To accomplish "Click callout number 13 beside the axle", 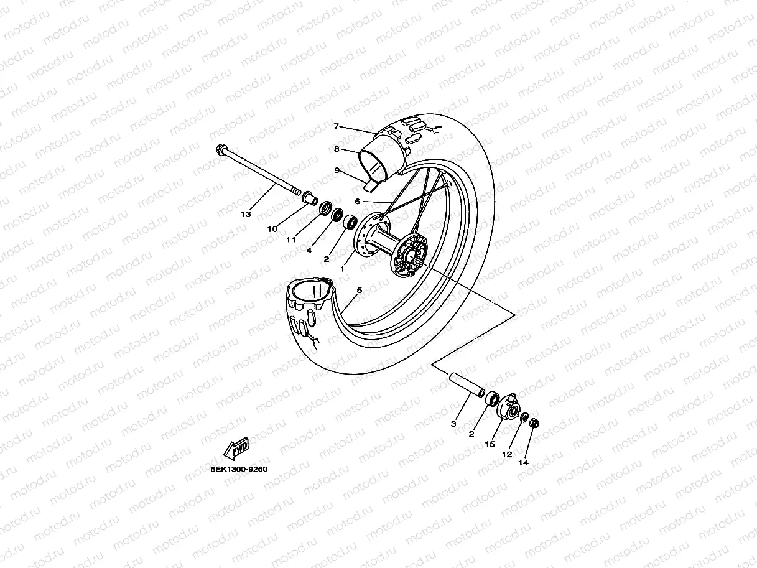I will [x=246, y=215].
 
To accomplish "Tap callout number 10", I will [x=272, y=229].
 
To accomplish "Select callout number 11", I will [x=290, y=240].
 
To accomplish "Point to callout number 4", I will [x=309, y=250].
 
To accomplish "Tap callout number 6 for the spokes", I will [x=336, y=126].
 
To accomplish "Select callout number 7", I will [x=336, y=149].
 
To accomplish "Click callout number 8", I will [x=336, y=170].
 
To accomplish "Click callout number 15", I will [x=507, y=455].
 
